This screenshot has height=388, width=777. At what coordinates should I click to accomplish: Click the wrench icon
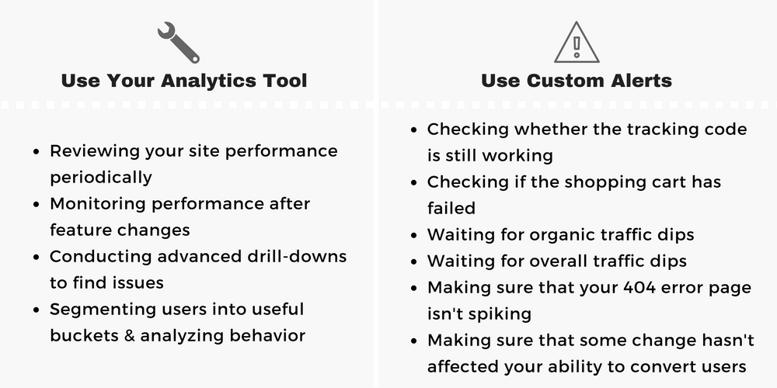coord(179,42)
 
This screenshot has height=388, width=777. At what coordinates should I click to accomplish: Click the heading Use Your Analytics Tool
coord(184,81)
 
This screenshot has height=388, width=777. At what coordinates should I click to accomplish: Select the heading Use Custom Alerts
coord(577,81)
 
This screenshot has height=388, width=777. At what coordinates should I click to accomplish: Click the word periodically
coord(101,177)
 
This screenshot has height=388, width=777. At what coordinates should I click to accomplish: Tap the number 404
coord(639,288)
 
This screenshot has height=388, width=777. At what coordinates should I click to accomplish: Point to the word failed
coord(451,209)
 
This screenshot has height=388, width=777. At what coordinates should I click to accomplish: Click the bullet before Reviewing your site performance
coord(37,151)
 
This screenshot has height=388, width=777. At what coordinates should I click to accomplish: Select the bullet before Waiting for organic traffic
coord(414,236)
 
